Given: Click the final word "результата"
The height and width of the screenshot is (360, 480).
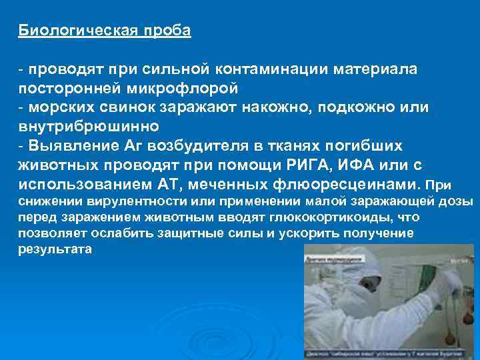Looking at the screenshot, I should (56, 249).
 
